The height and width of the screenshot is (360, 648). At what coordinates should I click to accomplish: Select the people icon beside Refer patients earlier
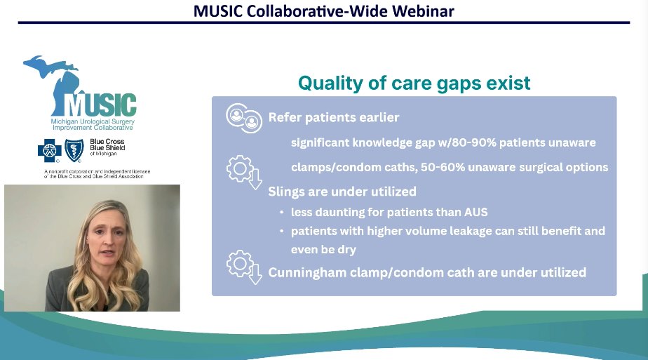243,117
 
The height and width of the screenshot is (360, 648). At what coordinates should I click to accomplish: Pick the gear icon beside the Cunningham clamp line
241,267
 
